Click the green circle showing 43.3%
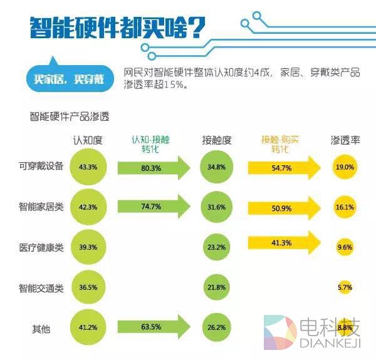click(88, 168)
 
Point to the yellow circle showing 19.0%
click(345, 167)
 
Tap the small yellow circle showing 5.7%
click(345, 287)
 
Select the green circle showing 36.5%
click(88, 287)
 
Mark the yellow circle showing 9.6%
click(345, 247)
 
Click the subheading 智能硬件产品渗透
click(69, 116)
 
